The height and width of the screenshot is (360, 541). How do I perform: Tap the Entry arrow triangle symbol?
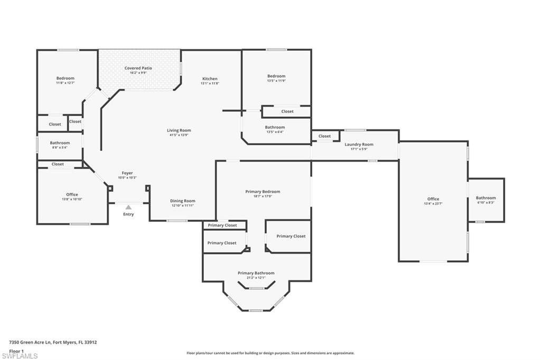pyautogui.click(x=128, y=207)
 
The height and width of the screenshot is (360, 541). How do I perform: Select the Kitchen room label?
pyautogui.click(x=210, y=79)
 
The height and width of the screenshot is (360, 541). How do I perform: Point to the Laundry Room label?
pyautogui.click(x=359, y=144)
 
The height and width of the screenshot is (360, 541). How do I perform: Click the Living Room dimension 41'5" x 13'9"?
pyautogui.click(x=179, y=135)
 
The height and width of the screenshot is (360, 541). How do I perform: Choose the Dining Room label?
pyautogui.click(x=183, y=201)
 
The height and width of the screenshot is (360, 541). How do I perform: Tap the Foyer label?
pyautogui.click(x=127, y=173)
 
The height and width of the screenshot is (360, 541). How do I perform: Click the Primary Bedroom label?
pyautogui.click(x=263, y=192)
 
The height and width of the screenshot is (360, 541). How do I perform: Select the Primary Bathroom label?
pyautogui.click(x=256, y=273)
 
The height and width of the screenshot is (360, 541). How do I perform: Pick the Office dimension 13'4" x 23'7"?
pyautogui.click(x=433, y=204)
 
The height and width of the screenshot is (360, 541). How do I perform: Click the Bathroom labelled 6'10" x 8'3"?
pyautogui.click(x=486, y=198)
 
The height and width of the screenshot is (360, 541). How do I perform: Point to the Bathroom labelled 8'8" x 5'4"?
pyautogui.click(x=60, y=143)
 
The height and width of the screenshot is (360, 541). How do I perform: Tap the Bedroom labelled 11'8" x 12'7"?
pyautogui.click(x=66, y=78)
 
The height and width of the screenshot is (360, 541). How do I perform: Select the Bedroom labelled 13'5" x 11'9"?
pyautogui.click(x=276, y=76)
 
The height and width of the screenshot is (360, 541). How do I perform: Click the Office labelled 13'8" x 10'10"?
pyautogui.click(x=72, y=194)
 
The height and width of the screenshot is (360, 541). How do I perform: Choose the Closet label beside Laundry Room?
pyautogui.click(x=324, y=136)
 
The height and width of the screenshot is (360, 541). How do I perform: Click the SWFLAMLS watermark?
pyautogui.click(x=20, y=356)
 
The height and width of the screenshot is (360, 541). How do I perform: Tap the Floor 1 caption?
pyautogui.click(x=16, y=350)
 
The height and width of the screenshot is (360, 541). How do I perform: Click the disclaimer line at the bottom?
pyautogui.click(x=270, y=353)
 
